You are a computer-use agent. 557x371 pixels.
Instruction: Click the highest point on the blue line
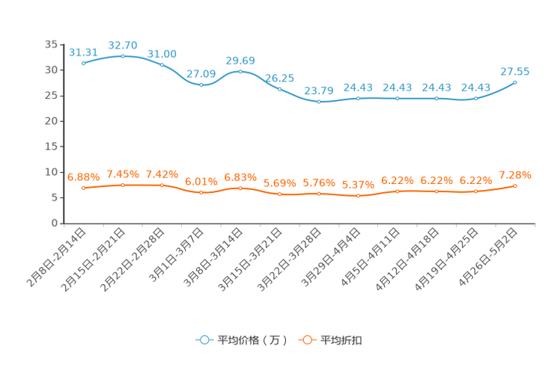tap(123, 56)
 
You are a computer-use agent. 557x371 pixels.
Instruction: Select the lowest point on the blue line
tap(319, 102)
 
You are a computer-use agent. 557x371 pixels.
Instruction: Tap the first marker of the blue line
tap(84, 64)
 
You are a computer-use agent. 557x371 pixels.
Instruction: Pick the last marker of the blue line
tap(515, 82)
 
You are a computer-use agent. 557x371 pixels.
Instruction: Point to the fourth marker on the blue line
tap(201, 85)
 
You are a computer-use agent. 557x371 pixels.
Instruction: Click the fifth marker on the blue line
tap(240, 71)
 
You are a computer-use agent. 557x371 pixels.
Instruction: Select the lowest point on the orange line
tap(358, 196)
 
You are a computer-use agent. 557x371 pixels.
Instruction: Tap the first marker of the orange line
tap(84, 188)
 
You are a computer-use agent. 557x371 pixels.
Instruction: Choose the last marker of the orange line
tap(515, 185)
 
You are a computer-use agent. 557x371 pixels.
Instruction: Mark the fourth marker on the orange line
tap(201, 193)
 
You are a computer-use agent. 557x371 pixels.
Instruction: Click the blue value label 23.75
tap(319, 91)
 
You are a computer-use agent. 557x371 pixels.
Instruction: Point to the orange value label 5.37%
tap(358, 185)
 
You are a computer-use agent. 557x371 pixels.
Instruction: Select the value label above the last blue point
tap(515, 71)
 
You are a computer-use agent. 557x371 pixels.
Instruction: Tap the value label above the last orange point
tap(515, 174)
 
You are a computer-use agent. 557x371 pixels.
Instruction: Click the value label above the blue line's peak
tap(123, 45)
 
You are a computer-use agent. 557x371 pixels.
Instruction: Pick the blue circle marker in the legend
tap(204, 340)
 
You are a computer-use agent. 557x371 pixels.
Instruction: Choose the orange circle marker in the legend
tap(307, 340)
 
